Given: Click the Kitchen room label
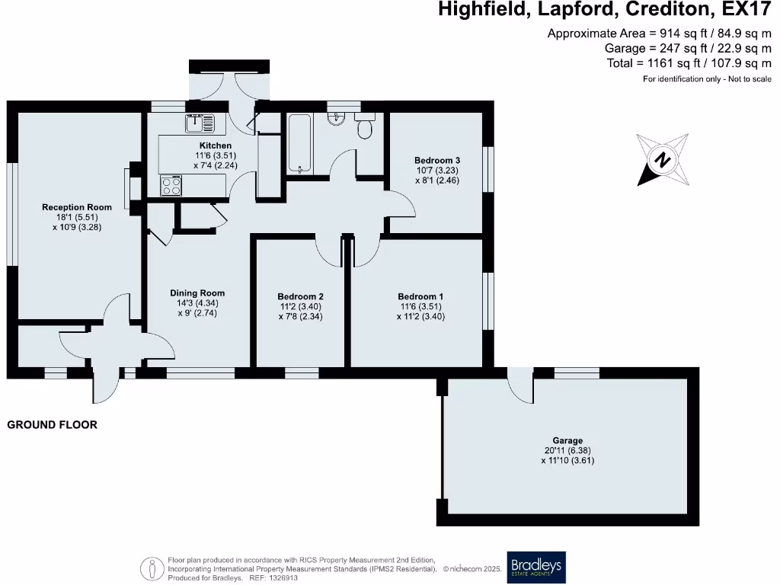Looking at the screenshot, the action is [216, 145].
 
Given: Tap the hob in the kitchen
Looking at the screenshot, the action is [171, 186].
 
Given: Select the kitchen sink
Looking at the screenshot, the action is [200, 123].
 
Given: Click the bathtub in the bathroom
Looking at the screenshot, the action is [300, 144].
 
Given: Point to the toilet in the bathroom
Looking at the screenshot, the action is [365, 126].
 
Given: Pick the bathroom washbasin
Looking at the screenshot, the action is [337, 118].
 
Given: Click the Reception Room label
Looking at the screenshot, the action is [77, 207].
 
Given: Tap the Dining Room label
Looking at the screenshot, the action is [197, 293].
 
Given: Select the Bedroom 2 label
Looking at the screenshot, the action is [300, 296].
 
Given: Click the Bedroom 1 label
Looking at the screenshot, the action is [420, 296].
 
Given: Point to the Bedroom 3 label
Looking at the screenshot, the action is [437, 160].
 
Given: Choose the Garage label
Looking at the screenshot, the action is [567, 440].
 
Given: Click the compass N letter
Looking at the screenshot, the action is [662, 160].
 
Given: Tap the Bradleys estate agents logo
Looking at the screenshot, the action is [536, 567].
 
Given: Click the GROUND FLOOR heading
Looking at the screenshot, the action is [53, 425].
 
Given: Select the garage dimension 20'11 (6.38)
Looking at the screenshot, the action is [567, 451].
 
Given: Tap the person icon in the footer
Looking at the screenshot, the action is [152, 568].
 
